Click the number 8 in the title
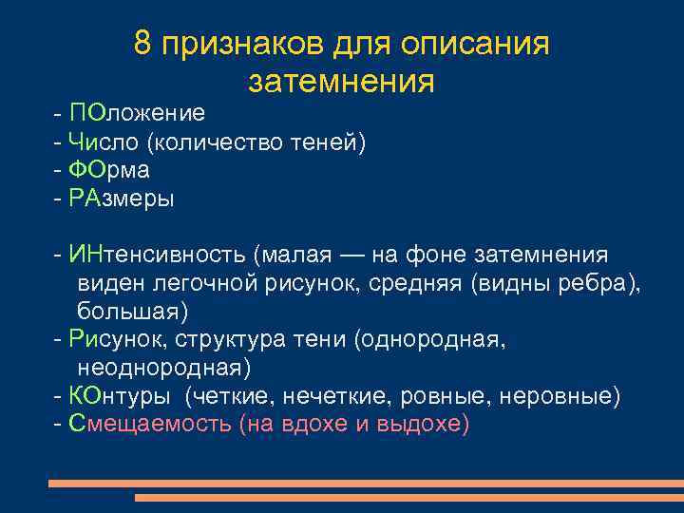point(143,44)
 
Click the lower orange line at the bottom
point(408,497)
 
